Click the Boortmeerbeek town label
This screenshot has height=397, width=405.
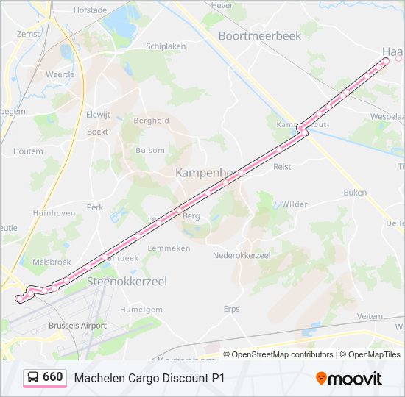[260, 35]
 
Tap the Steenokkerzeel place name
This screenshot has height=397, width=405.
[127, 281]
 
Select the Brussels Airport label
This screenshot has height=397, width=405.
[77, 325]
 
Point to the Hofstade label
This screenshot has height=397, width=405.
[91, 11]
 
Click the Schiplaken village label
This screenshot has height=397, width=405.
[166, 46]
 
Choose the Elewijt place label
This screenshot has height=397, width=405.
[98, 114]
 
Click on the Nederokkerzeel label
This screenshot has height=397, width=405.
[242, 255]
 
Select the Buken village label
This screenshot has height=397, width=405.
[354, 193]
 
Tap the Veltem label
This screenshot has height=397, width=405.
[370, 316]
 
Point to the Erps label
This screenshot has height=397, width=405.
[232, 309]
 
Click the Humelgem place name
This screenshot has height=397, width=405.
[141, 310]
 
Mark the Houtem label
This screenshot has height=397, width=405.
[28, 151]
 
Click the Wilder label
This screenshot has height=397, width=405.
[295, 204]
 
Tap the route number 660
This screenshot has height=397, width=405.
[53, 377]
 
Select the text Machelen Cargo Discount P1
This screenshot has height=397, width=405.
[149, 378]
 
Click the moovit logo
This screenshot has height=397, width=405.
[349, 379]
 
